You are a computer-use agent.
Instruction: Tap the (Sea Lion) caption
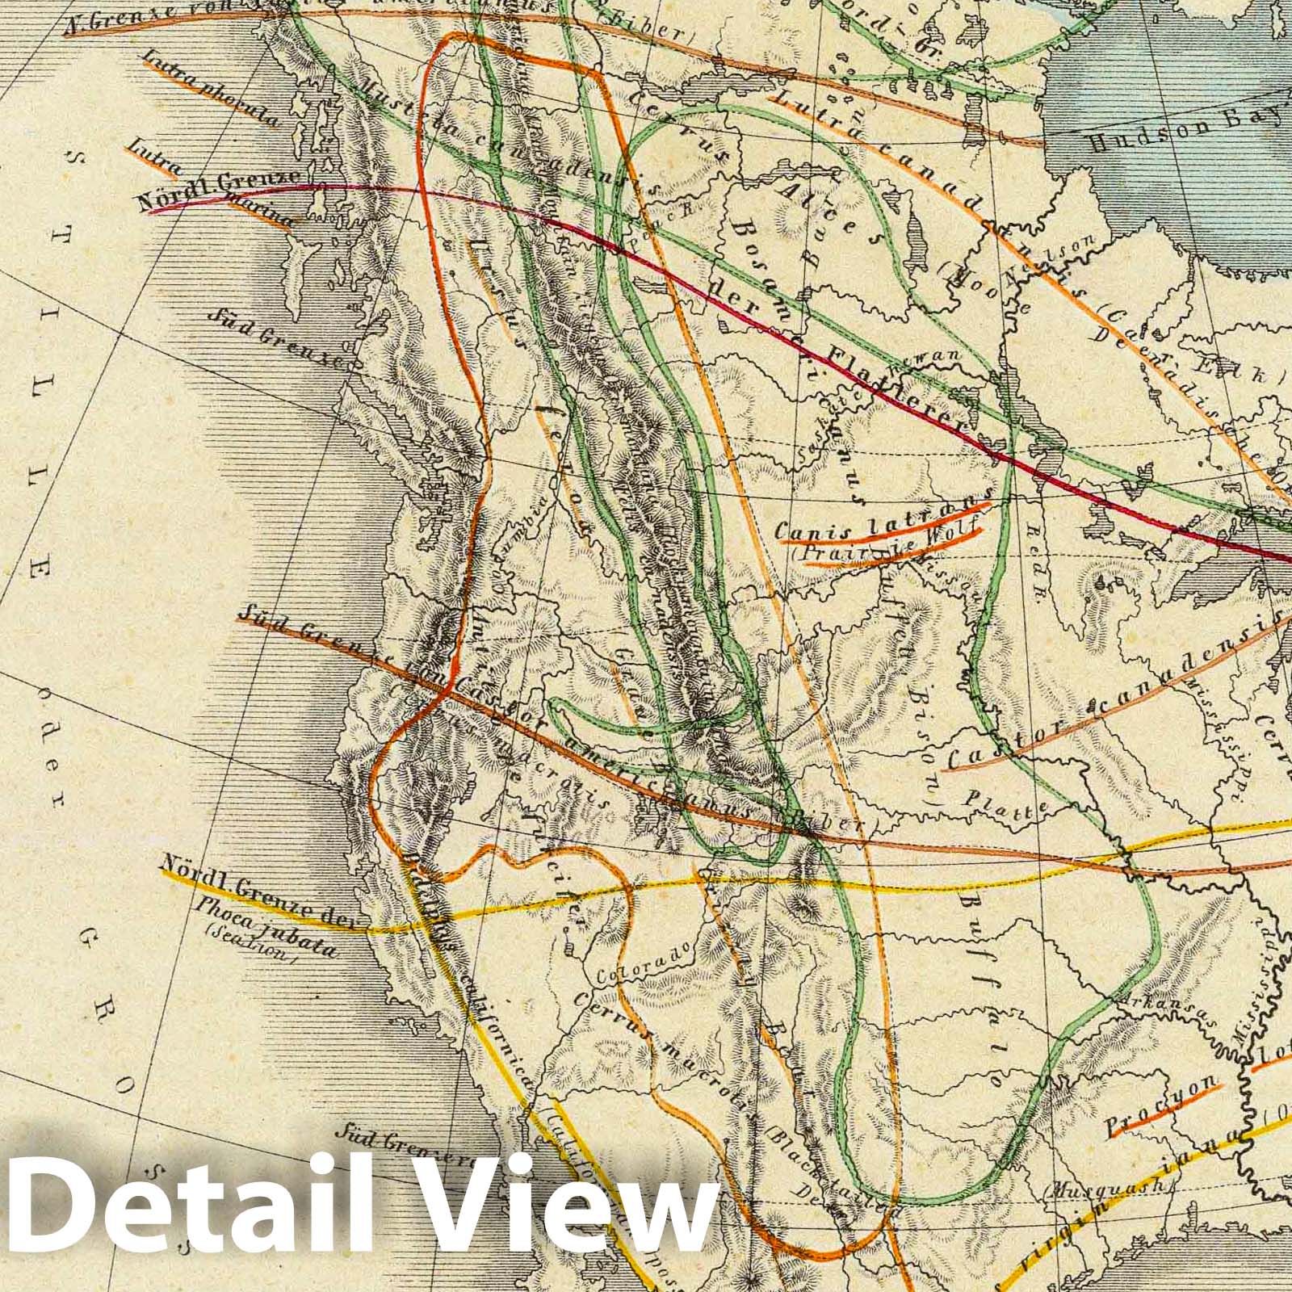[251, 946]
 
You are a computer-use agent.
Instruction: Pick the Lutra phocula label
[209, 88]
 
